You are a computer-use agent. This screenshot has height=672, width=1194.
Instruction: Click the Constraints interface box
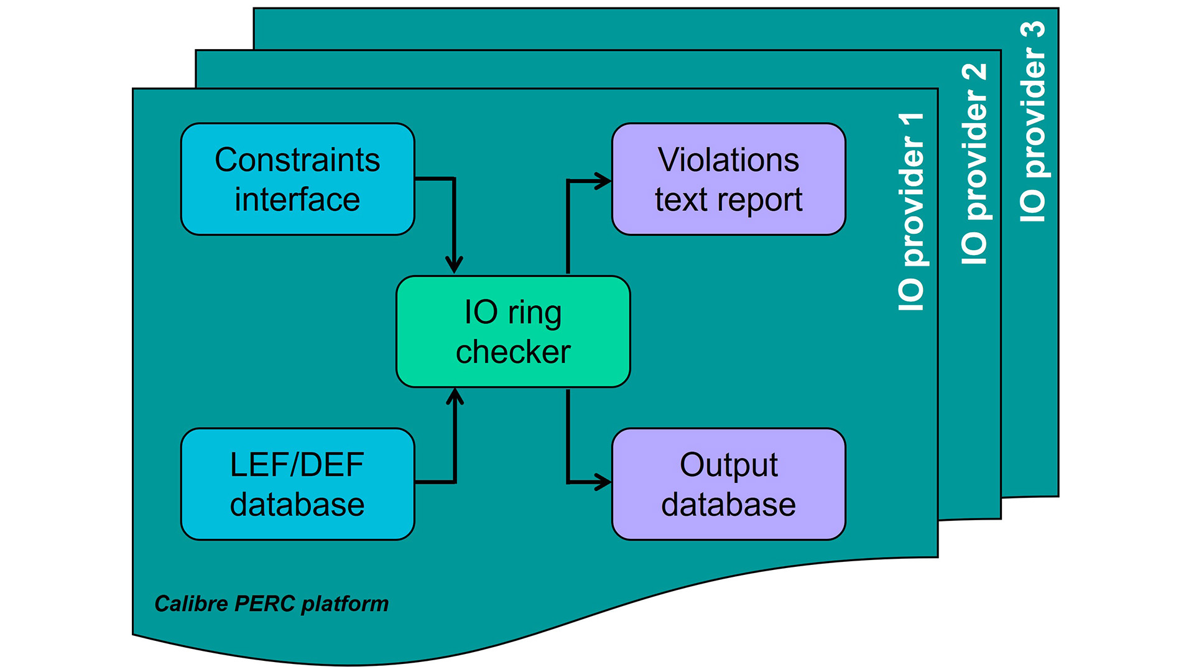click(x=297, y=179)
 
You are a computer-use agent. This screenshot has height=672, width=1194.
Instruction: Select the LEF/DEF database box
click(x=297, y=484)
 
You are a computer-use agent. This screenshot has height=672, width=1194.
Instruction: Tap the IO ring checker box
click(x=513, y=332)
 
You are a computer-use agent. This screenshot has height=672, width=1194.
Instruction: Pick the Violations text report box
click(x=728, y=179)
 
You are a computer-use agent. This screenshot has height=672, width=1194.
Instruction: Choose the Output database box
click(x=728, y=484)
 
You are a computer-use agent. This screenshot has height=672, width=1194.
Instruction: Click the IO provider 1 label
click(x=912, y=212)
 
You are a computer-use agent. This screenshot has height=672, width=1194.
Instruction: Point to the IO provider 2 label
click(x=974, y=163)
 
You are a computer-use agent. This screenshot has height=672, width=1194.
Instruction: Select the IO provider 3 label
click(x=1033, y=121)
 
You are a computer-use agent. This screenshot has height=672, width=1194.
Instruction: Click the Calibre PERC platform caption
click(x=271, y=604)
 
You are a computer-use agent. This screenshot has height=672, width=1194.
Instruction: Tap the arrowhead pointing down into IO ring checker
click(x=455, y=265)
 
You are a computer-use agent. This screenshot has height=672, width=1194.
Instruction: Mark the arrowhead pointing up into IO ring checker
click(x=455, y=397)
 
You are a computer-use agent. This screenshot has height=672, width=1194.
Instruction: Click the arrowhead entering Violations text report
click(x=602, y=181)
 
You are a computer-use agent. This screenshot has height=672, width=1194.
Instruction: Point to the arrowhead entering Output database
click(x=602, y=482)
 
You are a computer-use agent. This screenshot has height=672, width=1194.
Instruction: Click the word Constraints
click(x=297, y=160)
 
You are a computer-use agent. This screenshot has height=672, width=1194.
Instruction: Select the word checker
click(x=513, y=352)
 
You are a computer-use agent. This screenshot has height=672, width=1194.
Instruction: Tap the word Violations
click(x=728, y=160)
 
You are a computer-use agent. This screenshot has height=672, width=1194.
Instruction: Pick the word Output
click(x=728, y=465)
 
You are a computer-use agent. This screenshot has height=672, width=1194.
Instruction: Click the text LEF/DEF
click(x=297, y=465)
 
